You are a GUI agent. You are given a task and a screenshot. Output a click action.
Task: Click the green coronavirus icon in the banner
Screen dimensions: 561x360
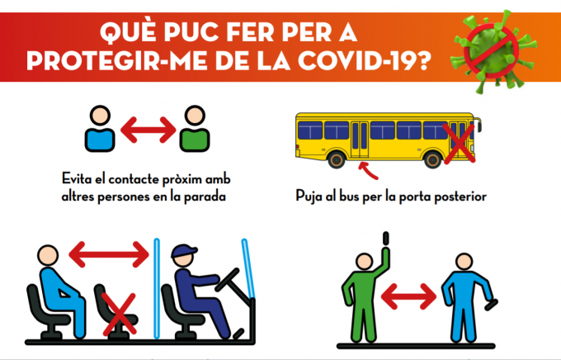pyautogui.click(x=493, y=52)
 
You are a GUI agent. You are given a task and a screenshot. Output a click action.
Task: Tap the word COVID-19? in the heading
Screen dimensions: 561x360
pyautogui.click(x=364, y=61)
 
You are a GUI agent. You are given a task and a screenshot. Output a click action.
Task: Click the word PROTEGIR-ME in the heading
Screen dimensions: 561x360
pyautogui.click(x=116, y=61)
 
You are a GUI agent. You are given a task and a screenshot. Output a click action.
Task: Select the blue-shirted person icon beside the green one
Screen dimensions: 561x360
pyautogui.click(x=100, y=129)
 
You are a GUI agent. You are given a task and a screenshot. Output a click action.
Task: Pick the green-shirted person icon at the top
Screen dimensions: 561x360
pyautogui.click(x=195, y=129)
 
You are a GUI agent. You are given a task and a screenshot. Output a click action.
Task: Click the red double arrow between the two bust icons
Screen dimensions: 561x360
pyautogui.click(x=148, y=130)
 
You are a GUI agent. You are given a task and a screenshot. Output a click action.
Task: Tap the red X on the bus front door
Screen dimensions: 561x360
pyautogui.click(x=460, y=144)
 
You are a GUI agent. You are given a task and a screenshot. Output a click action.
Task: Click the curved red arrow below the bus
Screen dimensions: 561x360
pyautogui.click(x=367, y=171)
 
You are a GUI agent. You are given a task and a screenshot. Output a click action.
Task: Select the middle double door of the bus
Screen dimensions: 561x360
pyautogui.click(x=360, y=140)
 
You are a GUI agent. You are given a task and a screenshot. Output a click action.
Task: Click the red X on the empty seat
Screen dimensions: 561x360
pyautogui.click(x=119, y=315)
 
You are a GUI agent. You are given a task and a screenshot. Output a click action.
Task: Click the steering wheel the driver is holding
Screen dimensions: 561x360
pyautogui.click(x=227, y=280)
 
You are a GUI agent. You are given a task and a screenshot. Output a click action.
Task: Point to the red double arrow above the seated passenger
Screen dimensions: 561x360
pyautogui.click(x=109, y=254)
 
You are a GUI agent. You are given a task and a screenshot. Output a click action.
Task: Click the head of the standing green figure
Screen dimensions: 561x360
pyautogui.click(x=365, y=262)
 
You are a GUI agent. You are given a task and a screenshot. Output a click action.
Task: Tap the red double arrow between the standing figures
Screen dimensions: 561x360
pyautogui.click(x=408, y=296)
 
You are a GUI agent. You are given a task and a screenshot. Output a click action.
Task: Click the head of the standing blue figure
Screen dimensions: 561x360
pyautogui.click(x=464, y=262)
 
